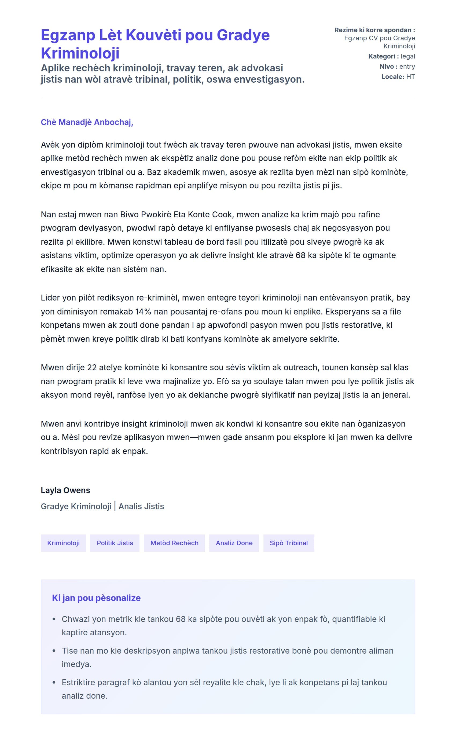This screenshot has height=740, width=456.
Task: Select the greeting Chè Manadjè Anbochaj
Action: (x=87, y=122)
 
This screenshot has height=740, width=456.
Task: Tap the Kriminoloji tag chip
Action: (x=63, y=543)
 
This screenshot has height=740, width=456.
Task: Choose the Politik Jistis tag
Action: (x=115, y=543)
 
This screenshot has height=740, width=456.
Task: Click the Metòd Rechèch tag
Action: (x=174, y=543)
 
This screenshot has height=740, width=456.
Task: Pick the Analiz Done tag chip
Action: (x=234, y=543)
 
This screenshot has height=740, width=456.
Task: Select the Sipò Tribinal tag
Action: (x=289, y=543)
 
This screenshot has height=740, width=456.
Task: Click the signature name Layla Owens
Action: (x=65, y=490)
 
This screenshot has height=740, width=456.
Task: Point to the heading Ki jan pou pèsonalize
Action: (x=96, y=598)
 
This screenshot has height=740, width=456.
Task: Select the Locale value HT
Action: (x=410, y=77)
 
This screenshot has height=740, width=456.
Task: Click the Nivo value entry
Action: (x=407, y=66)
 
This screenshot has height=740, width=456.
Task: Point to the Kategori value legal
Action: (x=408, y=56)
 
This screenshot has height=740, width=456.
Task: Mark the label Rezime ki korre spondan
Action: (x=374, y=30)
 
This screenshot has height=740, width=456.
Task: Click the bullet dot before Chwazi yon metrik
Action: (x=54, y=619)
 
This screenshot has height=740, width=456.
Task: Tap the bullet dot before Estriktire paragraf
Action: (x=54, y=682)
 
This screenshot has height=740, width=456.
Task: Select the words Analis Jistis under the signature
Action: (x=141, y=506)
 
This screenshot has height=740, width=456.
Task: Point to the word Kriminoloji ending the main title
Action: (x=80, y=53)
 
